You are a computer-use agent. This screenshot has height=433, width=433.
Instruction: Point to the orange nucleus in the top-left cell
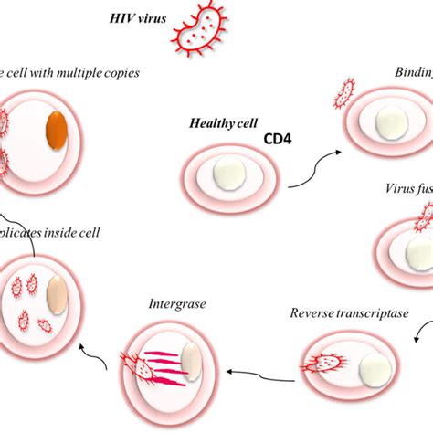point(57,129)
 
